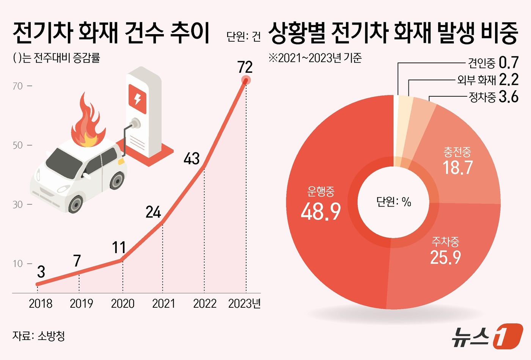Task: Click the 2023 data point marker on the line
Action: coord(246,80)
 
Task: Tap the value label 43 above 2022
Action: coord(192,158)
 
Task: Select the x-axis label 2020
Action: coord(123,304)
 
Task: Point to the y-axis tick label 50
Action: coord(18,145)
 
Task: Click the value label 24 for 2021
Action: coord(153,212)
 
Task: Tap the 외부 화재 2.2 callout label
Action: coord(488,80)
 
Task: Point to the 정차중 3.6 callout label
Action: coord(493,97)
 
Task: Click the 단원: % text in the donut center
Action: coord(394,202)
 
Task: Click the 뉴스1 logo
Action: coord(487,336)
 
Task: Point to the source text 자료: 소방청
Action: coord(39,336)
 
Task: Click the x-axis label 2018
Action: coord(41,304)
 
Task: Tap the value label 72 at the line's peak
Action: coord(245,67)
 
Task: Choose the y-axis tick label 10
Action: coord(18,264)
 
